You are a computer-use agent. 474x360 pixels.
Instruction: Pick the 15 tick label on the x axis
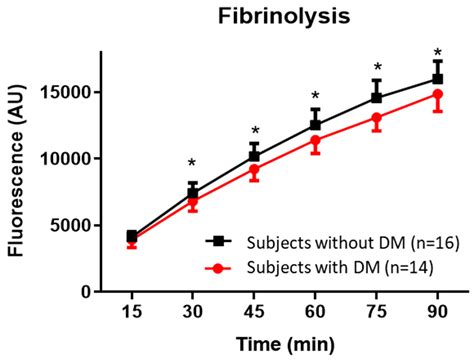pos(132,310)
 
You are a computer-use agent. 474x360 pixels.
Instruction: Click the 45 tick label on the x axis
pos(254,310)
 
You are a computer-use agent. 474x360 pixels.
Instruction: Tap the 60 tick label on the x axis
pos(315,310)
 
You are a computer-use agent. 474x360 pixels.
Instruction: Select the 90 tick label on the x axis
pos(437,310)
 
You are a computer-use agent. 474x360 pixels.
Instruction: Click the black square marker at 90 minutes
pos(437,79)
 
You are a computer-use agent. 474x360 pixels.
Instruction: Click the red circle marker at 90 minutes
pos(437,94)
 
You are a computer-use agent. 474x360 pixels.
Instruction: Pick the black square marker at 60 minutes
pos(315,125)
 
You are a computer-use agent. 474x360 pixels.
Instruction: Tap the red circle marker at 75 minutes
pos(376,118)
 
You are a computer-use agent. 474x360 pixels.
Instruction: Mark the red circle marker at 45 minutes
pos(254,170)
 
